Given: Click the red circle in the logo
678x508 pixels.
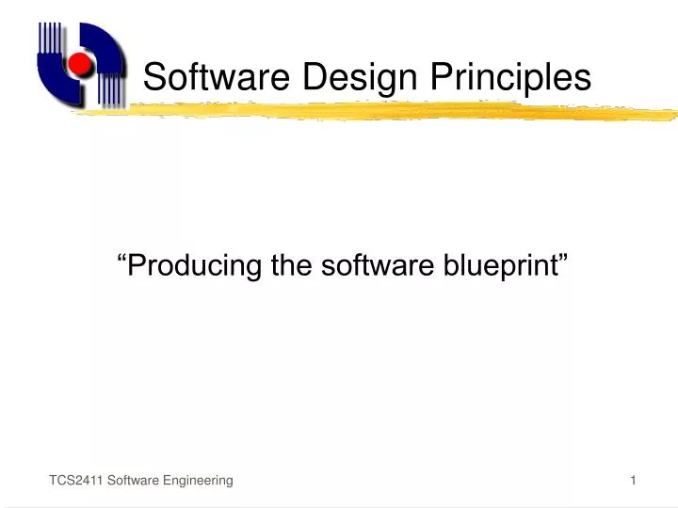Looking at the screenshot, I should pyautogui.click(x=80, y=64).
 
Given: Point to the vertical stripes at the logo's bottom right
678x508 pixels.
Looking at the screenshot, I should pyautogui.click(x=111, y=90).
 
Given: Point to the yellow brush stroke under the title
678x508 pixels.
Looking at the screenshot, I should pyautogui.click(x=377, y=111).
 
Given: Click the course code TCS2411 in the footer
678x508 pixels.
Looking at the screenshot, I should pyautogui.click(x=76, y=481).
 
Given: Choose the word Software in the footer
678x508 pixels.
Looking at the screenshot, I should pyautogui.click(x=133, y=481).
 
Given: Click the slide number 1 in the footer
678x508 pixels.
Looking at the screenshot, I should pyautogui.click(x=634, y=481).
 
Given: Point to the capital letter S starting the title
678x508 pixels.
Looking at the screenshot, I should pyautogui.click(x=153, y=77).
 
